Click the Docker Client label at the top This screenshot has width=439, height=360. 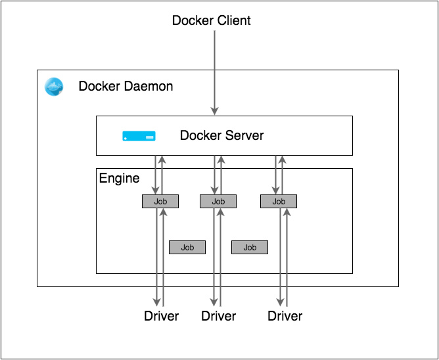211,20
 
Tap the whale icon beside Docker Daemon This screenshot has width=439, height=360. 54,86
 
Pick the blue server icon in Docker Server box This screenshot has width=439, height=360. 139,136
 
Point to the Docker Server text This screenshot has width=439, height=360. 221,136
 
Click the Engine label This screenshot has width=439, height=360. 119,178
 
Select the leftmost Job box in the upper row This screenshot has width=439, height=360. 160,202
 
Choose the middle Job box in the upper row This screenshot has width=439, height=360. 218,202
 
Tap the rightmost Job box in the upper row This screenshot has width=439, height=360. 279,202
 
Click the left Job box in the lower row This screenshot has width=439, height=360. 187,248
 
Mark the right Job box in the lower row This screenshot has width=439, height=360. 250,248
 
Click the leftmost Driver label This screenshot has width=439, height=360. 161,316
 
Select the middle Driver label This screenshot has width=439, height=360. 218,316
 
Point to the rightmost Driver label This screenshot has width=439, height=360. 285,316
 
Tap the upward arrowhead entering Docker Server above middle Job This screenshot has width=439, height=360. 221,160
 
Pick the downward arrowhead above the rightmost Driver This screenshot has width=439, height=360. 281,303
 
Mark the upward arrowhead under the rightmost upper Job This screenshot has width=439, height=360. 286,213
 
